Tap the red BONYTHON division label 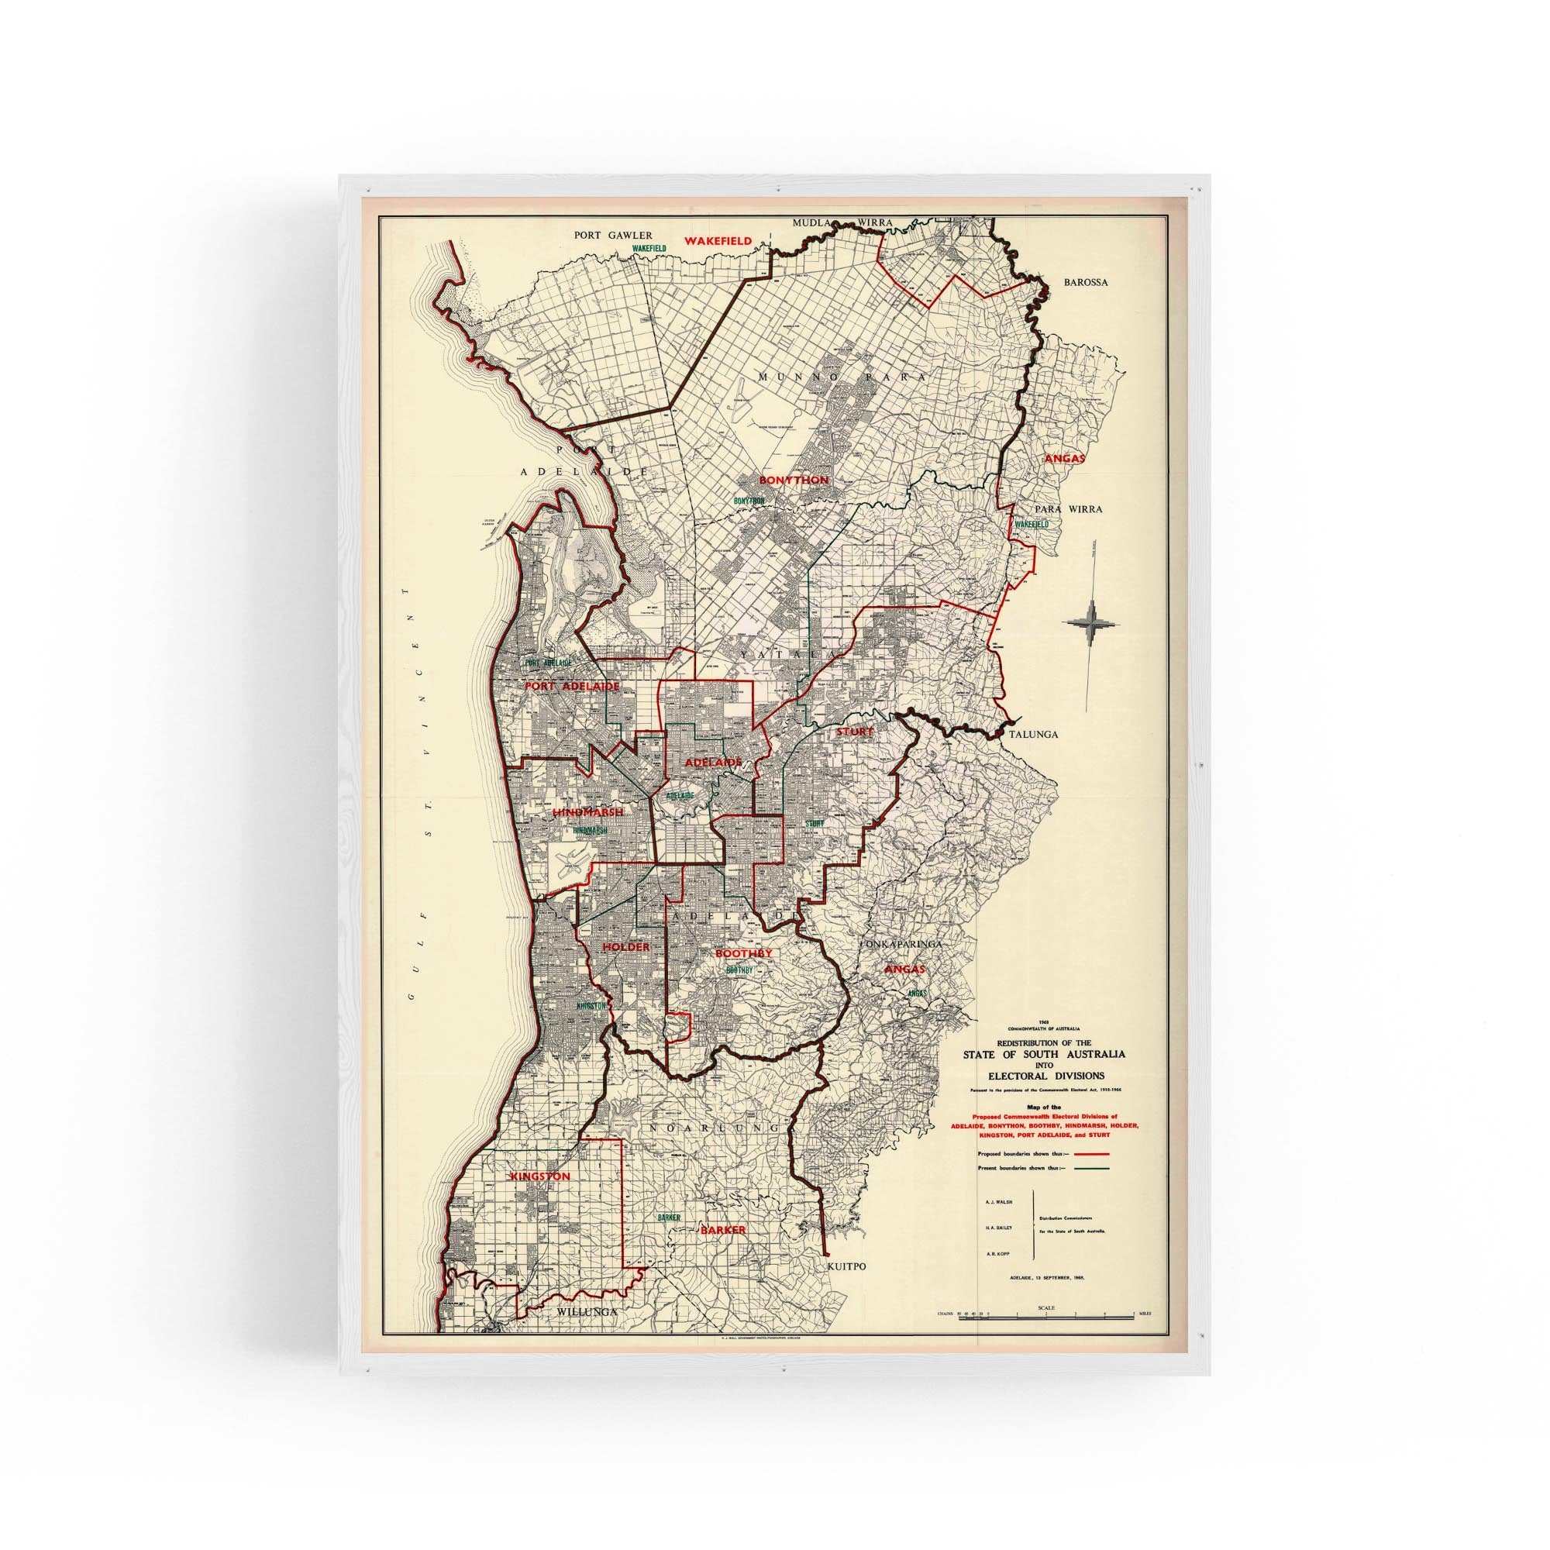[794, 480]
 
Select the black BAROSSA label [1086, 305]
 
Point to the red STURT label [854, 732]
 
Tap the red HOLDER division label [625, 947]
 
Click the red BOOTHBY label [744, 953]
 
